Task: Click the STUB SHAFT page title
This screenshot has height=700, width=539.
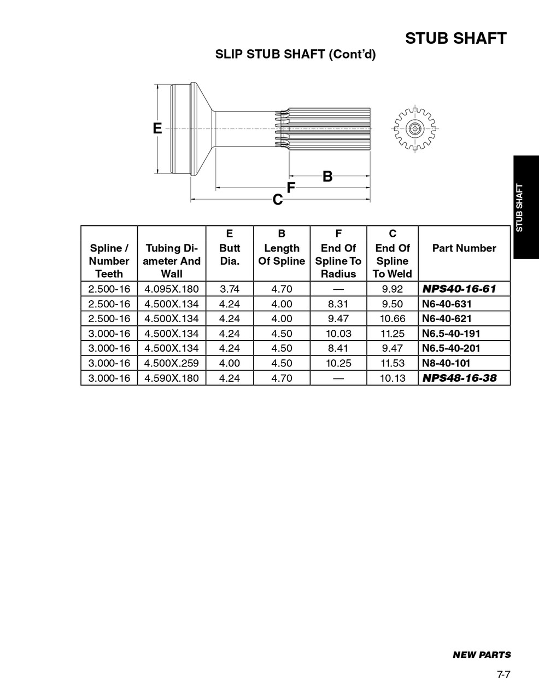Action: coord(455,38)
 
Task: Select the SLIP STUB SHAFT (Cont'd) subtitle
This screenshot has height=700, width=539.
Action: coord(295,55)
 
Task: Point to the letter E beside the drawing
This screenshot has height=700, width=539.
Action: coord(157,129)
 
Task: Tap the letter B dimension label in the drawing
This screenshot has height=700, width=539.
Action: coord(327,177)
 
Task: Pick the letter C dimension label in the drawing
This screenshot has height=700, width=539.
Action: coord(278,200)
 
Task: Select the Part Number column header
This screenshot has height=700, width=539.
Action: coord(464,248)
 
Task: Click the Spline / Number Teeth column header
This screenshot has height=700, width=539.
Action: coord(109,261)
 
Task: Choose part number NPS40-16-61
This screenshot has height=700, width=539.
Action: coord(459,289)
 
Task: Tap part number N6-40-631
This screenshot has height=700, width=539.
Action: coord(447,304)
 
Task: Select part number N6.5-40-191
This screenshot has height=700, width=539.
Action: coord(451,334)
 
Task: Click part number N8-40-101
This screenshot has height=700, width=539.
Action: coord(446,363)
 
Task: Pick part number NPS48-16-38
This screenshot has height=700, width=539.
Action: coord(459,378)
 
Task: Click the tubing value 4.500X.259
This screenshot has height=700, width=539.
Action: coord(172,363)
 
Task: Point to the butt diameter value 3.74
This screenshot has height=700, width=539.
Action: coord(230,289)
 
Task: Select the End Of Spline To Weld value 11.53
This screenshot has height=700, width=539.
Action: coord(392,363)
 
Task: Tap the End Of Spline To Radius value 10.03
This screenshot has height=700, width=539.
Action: coord(338,334)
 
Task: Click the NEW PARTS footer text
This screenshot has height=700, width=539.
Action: coord(482,655)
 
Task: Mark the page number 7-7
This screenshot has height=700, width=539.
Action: coord(503,675)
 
